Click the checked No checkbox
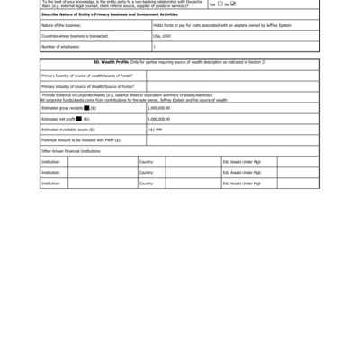click(x=233, y=4)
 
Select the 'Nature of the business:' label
click(x=61, y=26)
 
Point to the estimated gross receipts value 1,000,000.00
click(x=158, y=107)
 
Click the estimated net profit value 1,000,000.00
click(x=158, y=118)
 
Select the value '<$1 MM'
click(x=155, y=129)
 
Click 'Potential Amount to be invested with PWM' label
click(x=81, y=139)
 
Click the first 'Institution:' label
click(x=50, y=161)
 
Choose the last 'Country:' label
click(x=147, y=183)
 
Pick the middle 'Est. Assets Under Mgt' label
click(x=242, y=172)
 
